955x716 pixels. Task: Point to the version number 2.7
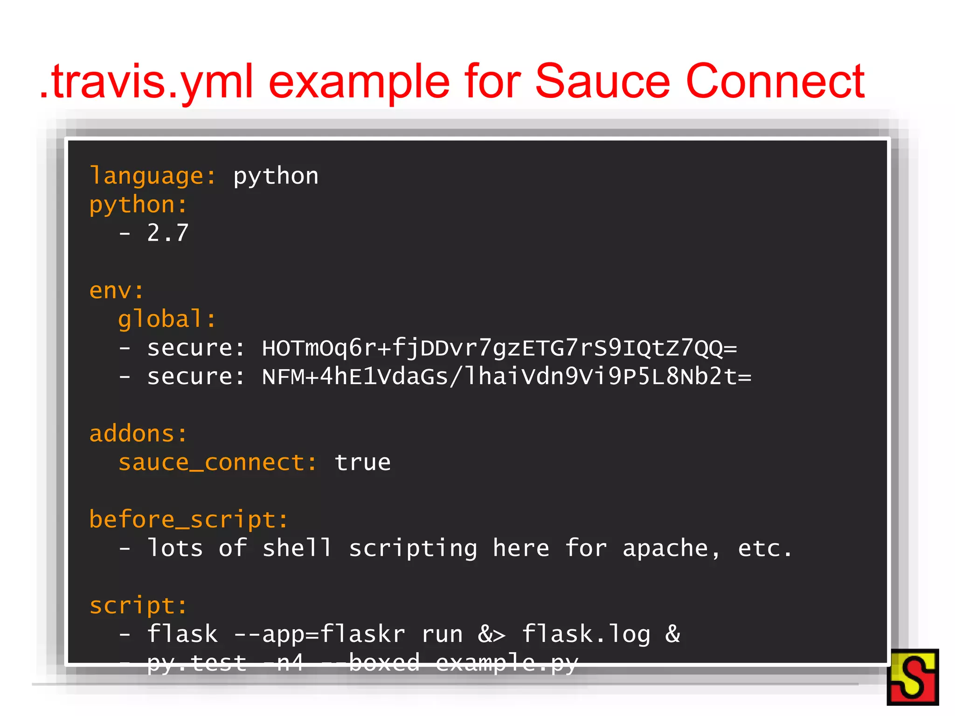point(168,233)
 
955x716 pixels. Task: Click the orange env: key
point(117,291)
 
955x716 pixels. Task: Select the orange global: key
point(167,320)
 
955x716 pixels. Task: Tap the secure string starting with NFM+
point(506,377)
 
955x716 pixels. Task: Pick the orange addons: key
point(138,434)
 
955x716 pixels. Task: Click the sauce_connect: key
point(217,463)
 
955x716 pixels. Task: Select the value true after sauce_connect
point(363,463)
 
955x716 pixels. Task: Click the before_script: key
point(188,520)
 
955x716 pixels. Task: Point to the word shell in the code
point(297,549)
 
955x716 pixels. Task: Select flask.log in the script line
point(586,634)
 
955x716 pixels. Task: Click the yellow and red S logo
point(913,677)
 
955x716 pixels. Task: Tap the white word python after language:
point(276,177)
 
